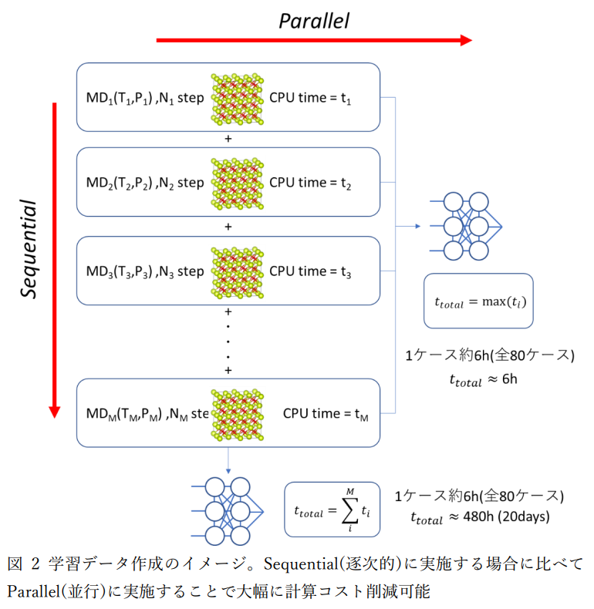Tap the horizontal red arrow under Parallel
(x=313, y=40)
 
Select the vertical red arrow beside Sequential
(x=54, y=259)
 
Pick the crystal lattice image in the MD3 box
(x=236, y=271)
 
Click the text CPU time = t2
(x=310, y=183)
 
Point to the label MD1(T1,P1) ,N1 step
(x=145, y=99)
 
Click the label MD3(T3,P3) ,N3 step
(x=145, y=271)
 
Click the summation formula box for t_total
(x=332, y=509)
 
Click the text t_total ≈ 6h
(x=483, y=379)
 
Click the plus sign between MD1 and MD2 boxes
(x=228, y=140)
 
